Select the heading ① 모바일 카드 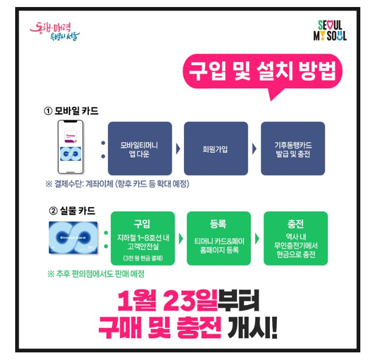tap(71, 111)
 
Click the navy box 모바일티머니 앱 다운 tap(140, 148)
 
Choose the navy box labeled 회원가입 tap(215, 148)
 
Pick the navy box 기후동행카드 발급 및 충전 tap(292, 148)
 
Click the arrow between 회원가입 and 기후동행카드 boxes tap(254, 148)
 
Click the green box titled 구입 tap(142, 238)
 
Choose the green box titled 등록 tap(218, 238)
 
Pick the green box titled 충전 tap(295, 238)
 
